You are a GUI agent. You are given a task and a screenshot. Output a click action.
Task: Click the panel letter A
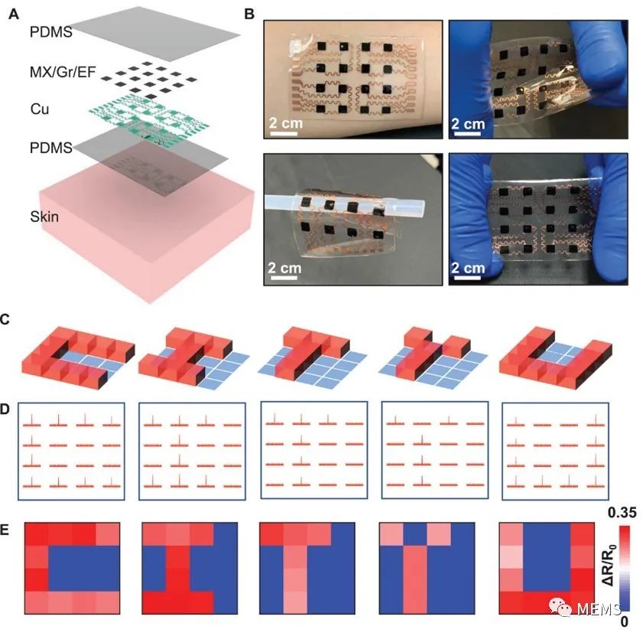(14, 15)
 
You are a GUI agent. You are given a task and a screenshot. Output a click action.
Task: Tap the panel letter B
(249, 15)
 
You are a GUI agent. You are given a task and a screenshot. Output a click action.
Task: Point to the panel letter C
(5, 319)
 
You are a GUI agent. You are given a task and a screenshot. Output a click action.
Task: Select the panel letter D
(5, 409)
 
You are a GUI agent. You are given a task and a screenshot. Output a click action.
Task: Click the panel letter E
(5, 530)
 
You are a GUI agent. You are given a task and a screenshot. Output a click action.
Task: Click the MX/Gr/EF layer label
(63, 72)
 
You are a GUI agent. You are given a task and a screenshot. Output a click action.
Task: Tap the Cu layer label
(40, 109)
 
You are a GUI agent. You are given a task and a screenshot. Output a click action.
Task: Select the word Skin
(44, 217)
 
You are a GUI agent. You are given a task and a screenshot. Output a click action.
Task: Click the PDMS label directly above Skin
(51, 148)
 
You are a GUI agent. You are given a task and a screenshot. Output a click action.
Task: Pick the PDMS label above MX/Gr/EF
(51, 31)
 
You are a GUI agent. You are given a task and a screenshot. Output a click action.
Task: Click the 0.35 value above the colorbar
(622, 512)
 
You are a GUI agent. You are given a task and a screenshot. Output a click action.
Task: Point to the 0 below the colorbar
(624, 621)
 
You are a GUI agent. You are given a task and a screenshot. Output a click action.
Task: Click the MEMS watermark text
(599, 609)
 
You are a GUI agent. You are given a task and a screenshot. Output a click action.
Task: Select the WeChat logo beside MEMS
(560, 607)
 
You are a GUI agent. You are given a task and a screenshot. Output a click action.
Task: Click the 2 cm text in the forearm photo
(286, 122)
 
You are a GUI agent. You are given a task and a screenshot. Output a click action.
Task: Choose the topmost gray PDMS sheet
(155, 34)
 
